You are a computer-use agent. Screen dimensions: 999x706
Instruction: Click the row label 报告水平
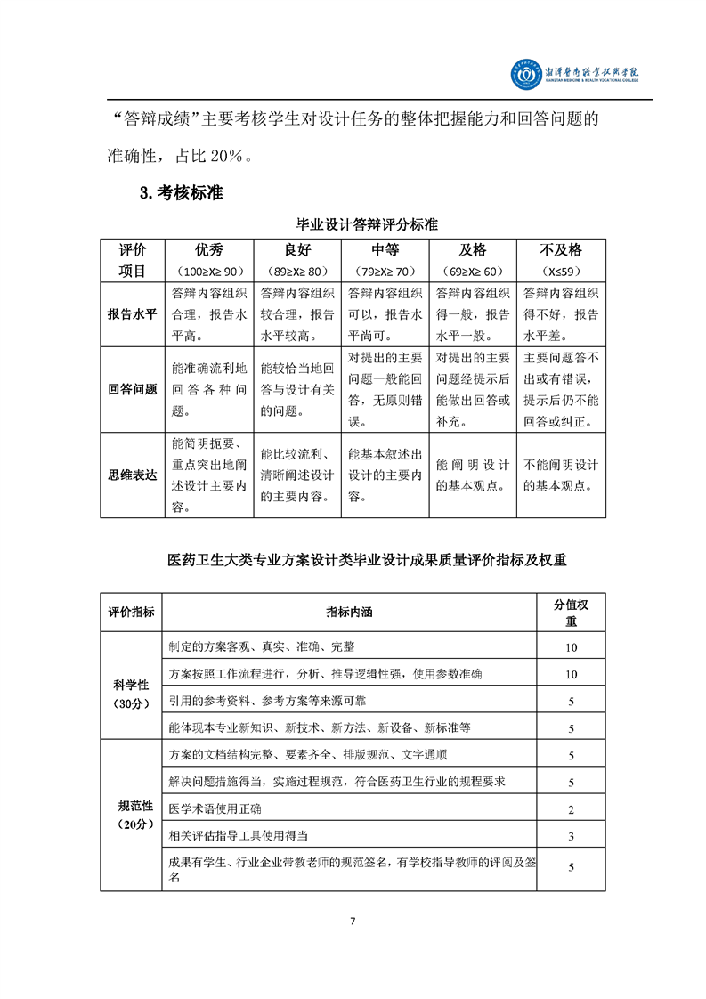[132, 314]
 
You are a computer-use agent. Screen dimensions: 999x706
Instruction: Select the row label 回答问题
[132, 389]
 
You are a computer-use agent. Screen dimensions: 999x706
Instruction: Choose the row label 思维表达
[132, 475]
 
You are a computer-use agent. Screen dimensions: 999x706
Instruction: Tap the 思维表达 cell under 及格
[473, 475]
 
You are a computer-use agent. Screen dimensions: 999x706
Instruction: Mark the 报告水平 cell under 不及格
[561, 314]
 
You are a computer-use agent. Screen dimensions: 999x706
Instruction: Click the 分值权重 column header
[571, 612]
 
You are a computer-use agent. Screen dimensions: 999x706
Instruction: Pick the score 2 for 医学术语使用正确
[571, 809]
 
